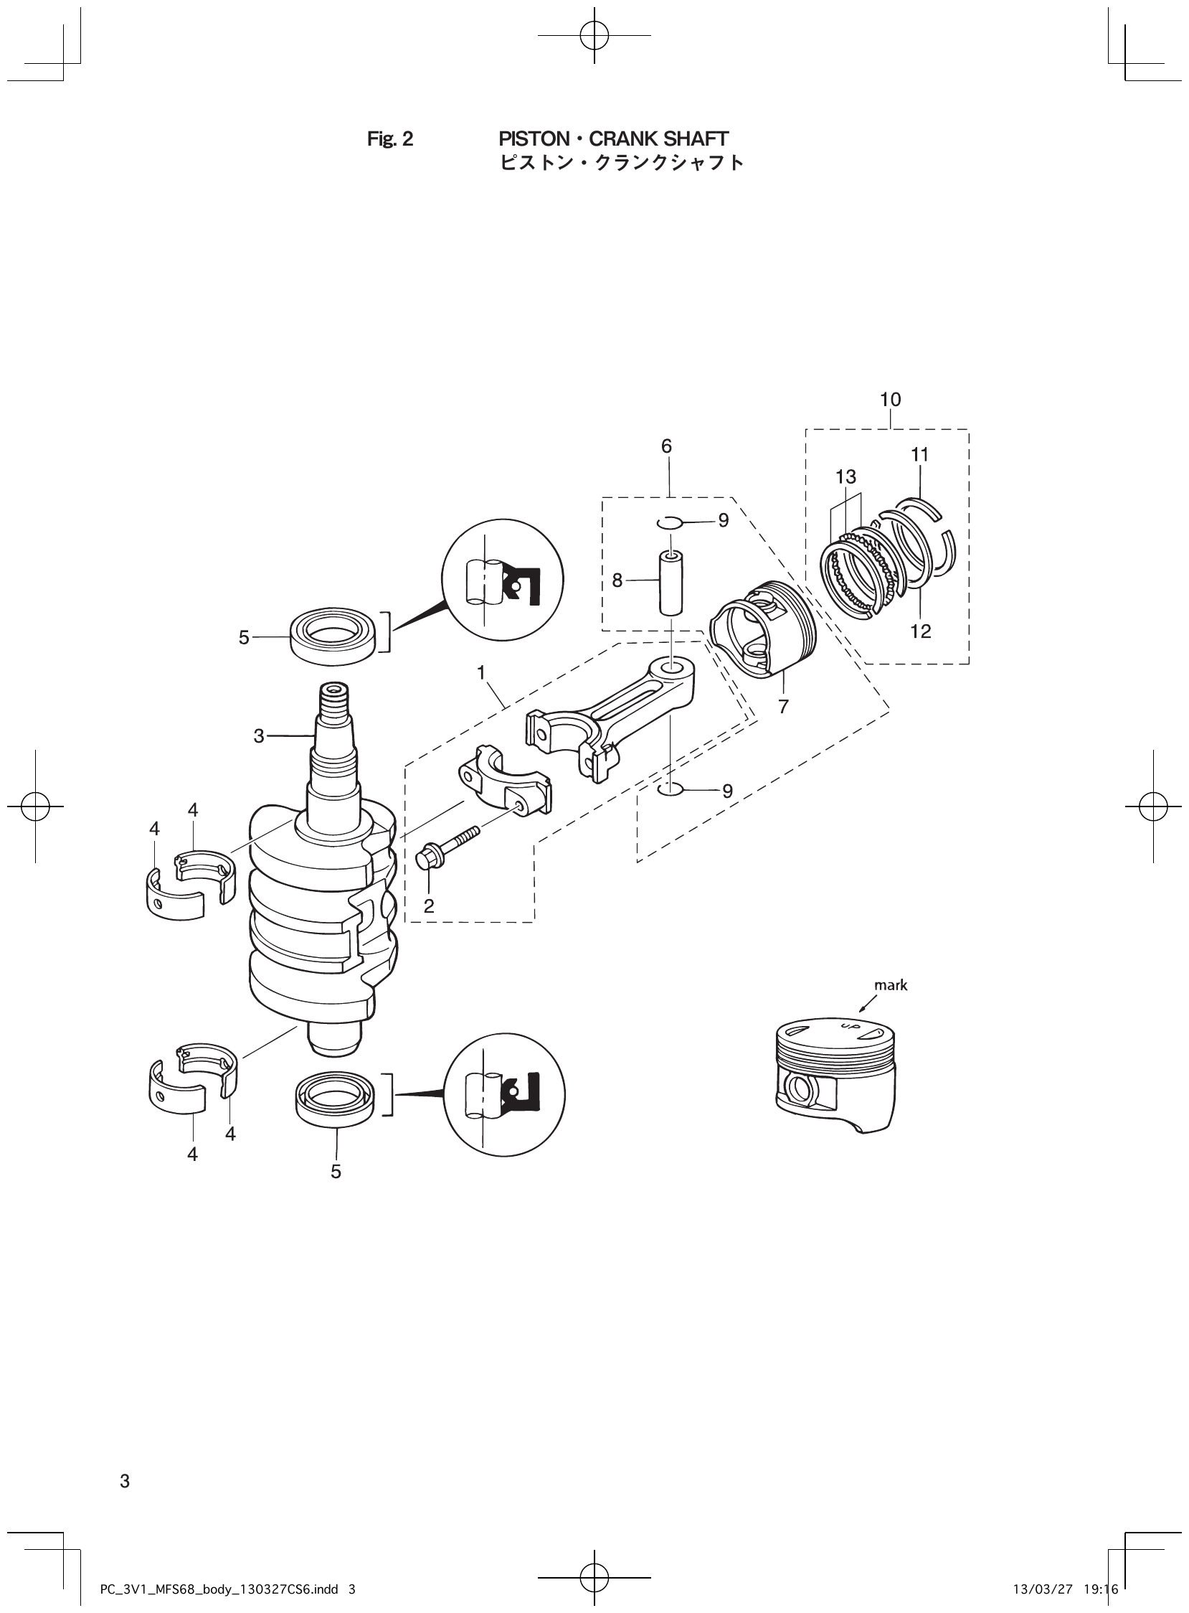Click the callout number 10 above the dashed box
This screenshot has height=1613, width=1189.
(890, 400)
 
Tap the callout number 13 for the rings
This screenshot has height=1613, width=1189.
(846, 476)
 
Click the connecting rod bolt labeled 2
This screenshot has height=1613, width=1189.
(445, 847)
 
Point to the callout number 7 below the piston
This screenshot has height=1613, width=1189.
(783, 707)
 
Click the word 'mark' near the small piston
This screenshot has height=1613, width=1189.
(890, 985)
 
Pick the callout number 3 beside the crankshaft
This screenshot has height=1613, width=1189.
(259, 736)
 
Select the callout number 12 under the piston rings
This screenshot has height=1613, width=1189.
(921, 631)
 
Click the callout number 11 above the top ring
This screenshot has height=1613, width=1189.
(920, 455)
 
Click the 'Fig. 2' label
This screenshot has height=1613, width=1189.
(390, 140)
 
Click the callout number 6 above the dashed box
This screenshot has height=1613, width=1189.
(666, 446)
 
